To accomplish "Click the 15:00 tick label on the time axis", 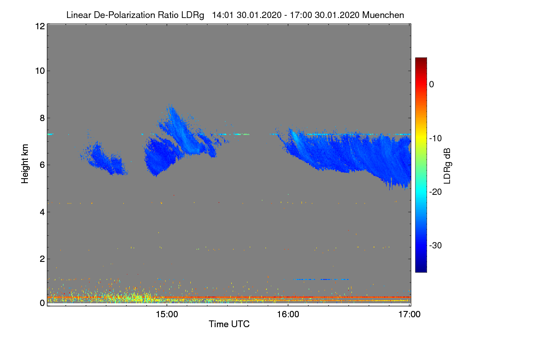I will tap(166, 314).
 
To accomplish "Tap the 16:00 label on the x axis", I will tap(288, 314).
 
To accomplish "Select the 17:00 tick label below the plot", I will tap(409, 314).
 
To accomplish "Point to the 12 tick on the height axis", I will tap(39, 26).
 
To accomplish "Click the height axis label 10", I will tap(39, 71).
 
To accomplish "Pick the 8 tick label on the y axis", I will tap(41, 118).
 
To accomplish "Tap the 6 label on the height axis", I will tap(41, 165).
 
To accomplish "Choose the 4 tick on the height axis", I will tap(41, 211).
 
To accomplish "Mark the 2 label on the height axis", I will tap(41, 259).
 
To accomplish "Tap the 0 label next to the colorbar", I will tap(432, 84).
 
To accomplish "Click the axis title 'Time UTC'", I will tap(229, 324).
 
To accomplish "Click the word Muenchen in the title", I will tap(383, 15).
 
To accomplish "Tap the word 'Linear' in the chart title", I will tap(79, 15).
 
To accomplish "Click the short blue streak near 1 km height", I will tap(320, 279).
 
